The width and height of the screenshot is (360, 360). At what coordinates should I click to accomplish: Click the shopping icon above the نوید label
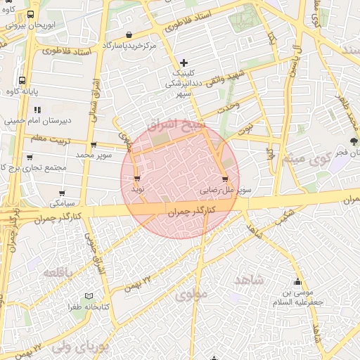pyautogui.click(x=136, y=178)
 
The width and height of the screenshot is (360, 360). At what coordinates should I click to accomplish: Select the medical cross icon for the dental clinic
pyautogui.click(x=184, y=63)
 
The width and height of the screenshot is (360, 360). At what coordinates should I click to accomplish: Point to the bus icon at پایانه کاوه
pyautogui.click(x=22, y=81)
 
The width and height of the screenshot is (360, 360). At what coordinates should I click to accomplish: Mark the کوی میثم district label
pyautogui.click(x=303, y=159)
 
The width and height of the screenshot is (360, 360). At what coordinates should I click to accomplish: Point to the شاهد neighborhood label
pyautogui.click(x=249, y=281)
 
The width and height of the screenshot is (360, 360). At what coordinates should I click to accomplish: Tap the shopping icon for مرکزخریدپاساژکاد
pyautogui.click(x=129, y=35)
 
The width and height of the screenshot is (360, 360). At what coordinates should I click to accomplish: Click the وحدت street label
pyautogui.click(x=229, y=107)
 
